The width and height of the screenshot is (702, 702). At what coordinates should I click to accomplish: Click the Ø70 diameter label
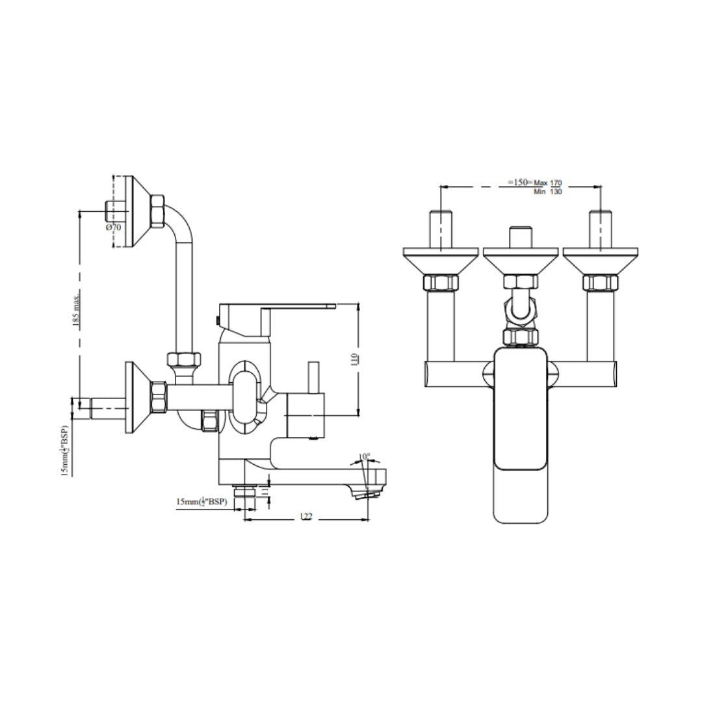coord(113,227)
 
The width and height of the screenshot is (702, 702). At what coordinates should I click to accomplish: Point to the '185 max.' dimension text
coord(77,309)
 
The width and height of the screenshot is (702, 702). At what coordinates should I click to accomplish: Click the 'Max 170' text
coord(547,183)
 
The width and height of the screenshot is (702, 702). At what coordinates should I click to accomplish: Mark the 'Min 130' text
coord(547,192)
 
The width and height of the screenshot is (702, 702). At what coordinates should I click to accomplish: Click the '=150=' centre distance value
coord(519,183)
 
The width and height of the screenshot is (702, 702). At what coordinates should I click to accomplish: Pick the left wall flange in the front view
coord(441,259)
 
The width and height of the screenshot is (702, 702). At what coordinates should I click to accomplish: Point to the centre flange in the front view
coord(521,259)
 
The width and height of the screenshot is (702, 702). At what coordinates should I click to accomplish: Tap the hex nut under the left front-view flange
coord(441,283)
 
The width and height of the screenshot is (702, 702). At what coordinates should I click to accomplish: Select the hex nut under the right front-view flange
coord(599,283)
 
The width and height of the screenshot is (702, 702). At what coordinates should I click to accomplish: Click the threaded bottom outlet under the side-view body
coord(244,495)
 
